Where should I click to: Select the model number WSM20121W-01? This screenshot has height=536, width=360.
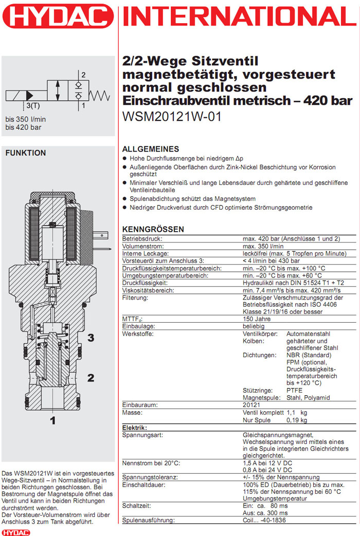click(172, 117)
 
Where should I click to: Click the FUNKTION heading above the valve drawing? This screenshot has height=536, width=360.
click(25, 153)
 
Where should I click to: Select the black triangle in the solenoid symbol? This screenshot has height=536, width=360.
click(30, 95)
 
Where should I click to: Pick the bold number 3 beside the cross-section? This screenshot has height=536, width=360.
click(91, 338)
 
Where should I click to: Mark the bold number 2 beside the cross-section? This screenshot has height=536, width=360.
click(91, 378)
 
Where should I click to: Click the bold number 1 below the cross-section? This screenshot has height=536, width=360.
click(52, 420)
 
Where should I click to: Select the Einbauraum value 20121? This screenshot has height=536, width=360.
click(253, 405)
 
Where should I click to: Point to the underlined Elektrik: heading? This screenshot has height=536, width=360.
click(135, 428)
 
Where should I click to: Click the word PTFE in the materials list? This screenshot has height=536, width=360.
click(295, 390)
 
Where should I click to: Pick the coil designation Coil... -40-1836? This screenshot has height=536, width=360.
click(268, 521)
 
